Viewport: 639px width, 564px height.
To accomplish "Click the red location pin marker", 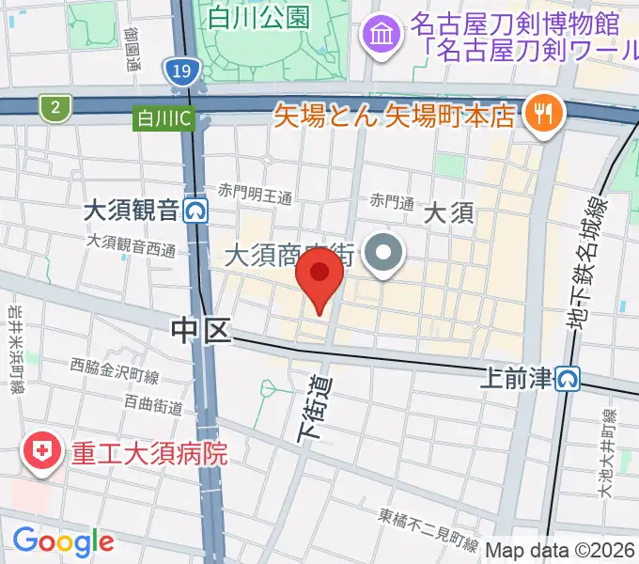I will point(319,277).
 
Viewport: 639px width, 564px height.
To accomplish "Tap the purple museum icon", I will point(382,37).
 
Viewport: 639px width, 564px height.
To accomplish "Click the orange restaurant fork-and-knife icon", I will point(543,114).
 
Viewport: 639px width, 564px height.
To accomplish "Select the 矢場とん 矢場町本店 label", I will point(395,116).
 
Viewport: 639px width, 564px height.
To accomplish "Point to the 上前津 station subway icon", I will point(567,378).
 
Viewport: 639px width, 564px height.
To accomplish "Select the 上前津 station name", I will point(515,378).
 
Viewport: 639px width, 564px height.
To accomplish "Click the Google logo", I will point(63,541).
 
